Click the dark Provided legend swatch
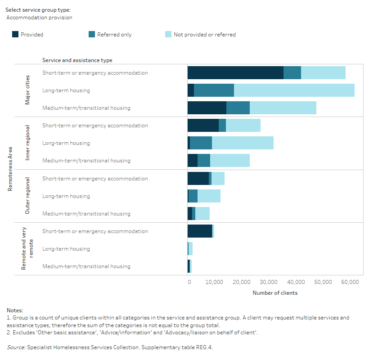coord(15,35)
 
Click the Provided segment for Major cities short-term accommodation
coord(235,73)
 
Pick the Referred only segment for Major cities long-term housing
coord(214,90)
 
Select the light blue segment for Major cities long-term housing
coord(294,90)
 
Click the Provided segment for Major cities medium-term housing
coord(207,108)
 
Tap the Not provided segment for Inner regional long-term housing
coord(243,143)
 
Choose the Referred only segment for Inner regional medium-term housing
coord(204,161)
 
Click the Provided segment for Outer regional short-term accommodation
coord(198,179)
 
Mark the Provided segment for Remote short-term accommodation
coord(200,231)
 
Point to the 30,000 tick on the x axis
coord(269,282)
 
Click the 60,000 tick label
coord(350,282)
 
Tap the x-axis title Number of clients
coord(275,293)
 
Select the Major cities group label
coord(27,90)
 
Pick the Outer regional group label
coord(27,196)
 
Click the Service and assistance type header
coord(77,60)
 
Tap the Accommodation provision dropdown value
coord(40,18)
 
